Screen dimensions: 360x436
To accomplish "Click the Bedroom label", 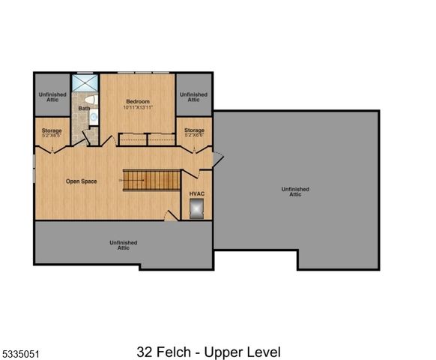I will (138, 101).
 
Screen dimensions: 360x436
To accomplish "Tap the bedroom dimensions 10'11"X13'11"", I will (138, 107).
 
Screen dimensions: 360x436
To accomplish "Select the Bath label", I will (84, 109).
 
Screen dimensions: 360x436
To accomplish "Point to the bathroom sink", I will (94, 115).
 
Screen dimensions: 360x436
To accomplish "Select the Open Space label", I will (82, 181).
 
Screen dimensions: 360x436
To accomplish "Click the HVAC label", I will (196, 193).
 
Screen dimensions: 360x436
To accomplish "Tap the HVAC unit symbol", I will (197, 213).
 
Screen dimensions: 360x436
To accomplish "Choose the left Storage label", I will (52, 130).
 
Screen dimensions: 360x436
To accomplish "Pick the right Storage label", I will (194, 130).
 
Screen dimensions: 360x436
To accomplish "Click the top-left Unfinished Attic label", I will (52, 97).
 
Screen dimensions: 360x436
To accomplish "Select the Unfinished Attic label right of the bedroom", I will (193, 97).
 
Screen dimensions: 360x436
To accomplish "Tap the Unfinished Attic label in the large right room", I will (295, 191).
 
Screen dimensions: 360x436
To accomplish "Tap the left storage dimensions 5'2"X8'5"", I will (52, 136).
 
